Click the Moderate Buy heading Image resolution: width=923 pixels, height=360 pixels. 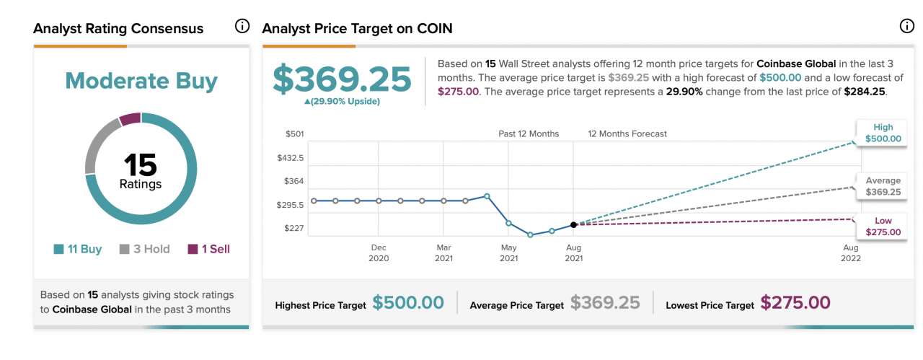coord(141,81)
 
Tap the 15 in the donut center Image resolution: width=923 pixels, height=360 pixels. coord(141,165)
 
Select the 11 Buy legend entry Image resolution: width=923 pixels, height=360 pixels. coord(78,249)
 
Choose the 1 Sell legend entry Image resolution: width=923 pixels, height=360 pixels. coord(209,249)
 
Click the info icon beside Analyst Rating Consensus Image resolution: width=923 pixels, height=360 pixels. coord(242,27)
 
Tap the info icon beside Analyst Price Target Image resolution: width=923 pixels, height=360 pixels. coord(906,27)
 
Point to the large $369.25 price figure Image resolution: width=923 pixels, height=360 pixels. coord(342,79)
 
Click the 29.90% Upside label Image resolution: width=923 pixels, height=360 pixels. coord(342,101)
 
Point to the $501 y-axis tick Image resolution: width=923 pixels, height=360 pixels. coord(295,134)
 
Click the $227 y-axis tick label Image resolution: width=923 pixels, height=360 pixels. coord(295,229)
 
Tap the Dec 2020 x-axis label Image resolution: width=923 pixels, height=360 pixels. coord(379,253)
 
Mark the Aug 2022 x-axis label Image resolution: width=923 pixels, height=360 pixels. coord(851,253)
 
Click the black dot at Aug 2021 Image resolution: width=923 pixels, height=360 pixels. coord(573,225)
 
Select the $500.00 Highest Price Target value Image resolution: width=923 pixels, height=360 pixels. coord(408,303)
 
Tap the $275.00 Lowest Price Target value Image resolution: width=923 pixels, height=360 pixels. coord(795,303)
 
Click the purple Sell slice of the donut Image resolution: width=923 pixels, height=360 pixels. coord(131,119)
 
